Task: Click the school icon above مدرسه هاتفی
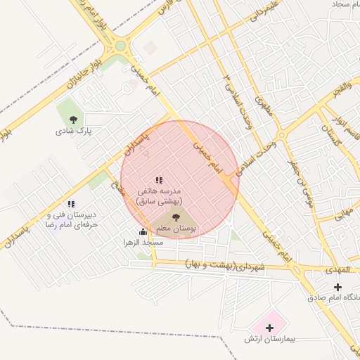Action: pos(159,180)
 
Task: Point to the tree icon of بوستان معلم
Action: pos(176,218)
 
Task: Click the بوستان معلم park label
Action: pos(177,229)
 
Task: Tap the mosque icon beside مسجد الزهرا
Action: pos(143,231)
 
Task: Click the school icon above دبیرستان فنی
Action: pos(71,204)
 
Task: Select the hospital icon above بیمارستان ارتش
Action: pos(269,327)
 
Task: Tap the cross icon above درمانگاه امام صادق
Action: pos(337,287)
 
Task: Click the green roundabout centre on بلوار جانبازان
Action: pos(120,46)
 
